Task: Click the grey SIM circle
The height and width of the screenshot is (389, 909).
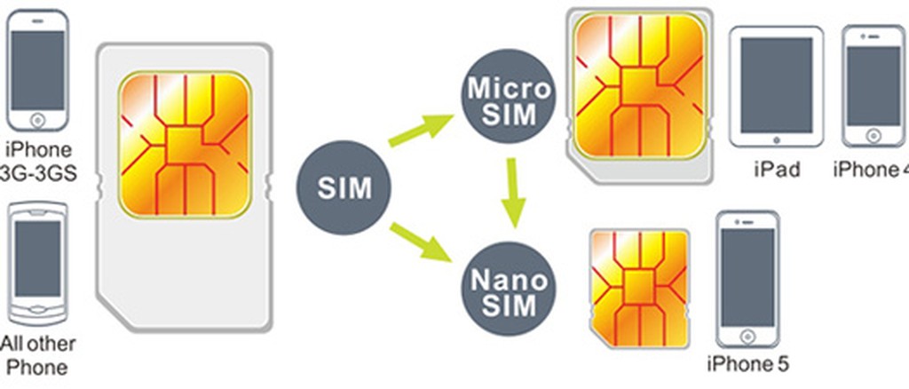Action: (x=344, y=189)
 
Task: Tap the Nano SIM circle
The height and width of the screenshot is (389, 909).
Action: (x=510, y=292)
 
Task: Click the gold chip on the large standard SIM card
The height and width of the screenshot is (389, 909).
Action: (x=184, y=145)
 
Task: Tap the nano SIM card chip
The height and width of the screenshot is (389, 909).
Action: (x=638, y=285)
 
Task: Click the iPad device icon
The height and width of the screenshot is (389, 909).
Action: (x=777, y=87)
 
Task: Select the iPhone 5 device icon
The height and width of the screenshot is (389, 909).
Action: (x=747, y=281)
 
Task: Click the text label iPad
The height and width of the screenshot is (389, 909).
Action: (x=776, y=170)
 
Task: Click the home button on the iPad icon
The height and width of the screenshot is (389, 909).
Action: (x=777, y=139)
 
